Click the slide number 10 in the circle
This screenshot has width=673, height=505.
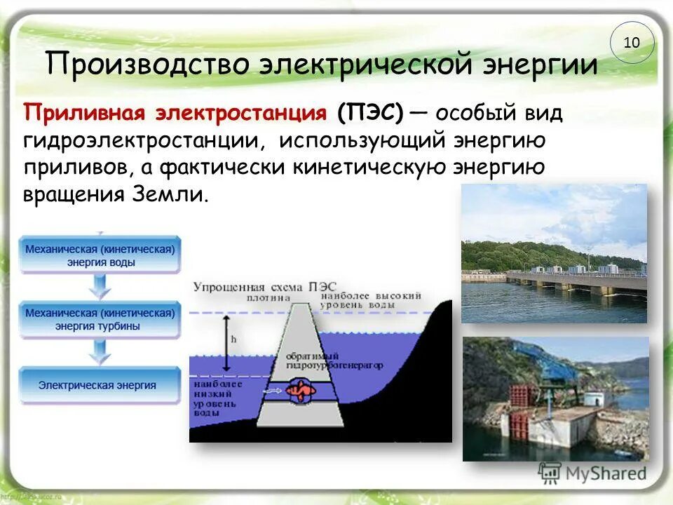click(x=631, y=43)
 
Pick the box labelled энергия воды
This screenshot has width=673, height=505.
click(x=100, y=256)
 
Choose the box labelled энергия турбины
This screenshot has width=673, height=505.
click(x=100, y=320)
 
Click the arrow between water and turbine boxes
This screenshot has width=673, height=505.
click(x=100, y=287)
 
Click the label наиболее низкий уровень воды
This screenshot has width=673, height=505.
click(x=217, y=399)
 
